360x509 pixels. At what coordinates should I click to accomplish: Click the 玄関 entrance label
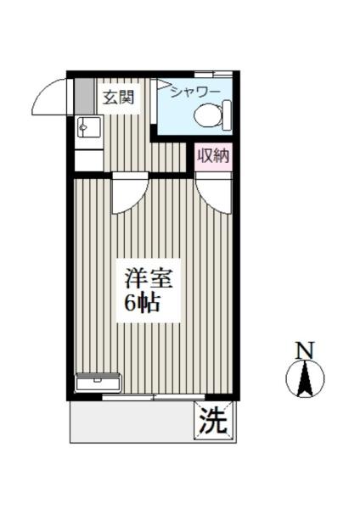[x=119, y=97]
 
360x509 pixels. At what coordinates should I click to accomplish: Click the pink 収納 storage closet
[x=212, y=155]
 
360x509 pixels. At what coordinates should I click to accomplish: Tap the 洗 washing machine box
[x=212, y=422]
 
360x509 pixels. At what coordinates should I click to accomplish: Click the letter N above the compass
[x=304, y=350]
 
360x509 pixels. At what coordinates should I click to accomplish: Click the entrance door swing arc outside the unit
[x=51, y=98]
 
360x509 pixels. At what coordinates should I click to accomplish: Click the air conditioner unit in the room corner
[x=98, y=383]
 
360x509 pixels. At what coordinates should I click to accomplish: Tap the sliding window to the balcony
[x=153, y=396]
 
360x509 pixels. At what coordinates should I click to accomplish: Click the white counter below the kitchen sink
[x=87, y=159]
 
